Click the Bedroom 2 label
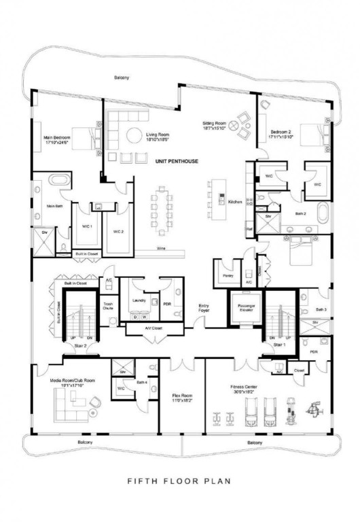pos(281,134)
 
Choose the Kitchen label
pos(235,202)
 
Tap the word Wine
pos(160,248)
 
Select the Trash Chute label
pos(107,306)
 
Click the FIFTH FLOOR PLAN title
pos(179,481)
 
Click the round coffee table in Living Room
pos(132,135)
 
